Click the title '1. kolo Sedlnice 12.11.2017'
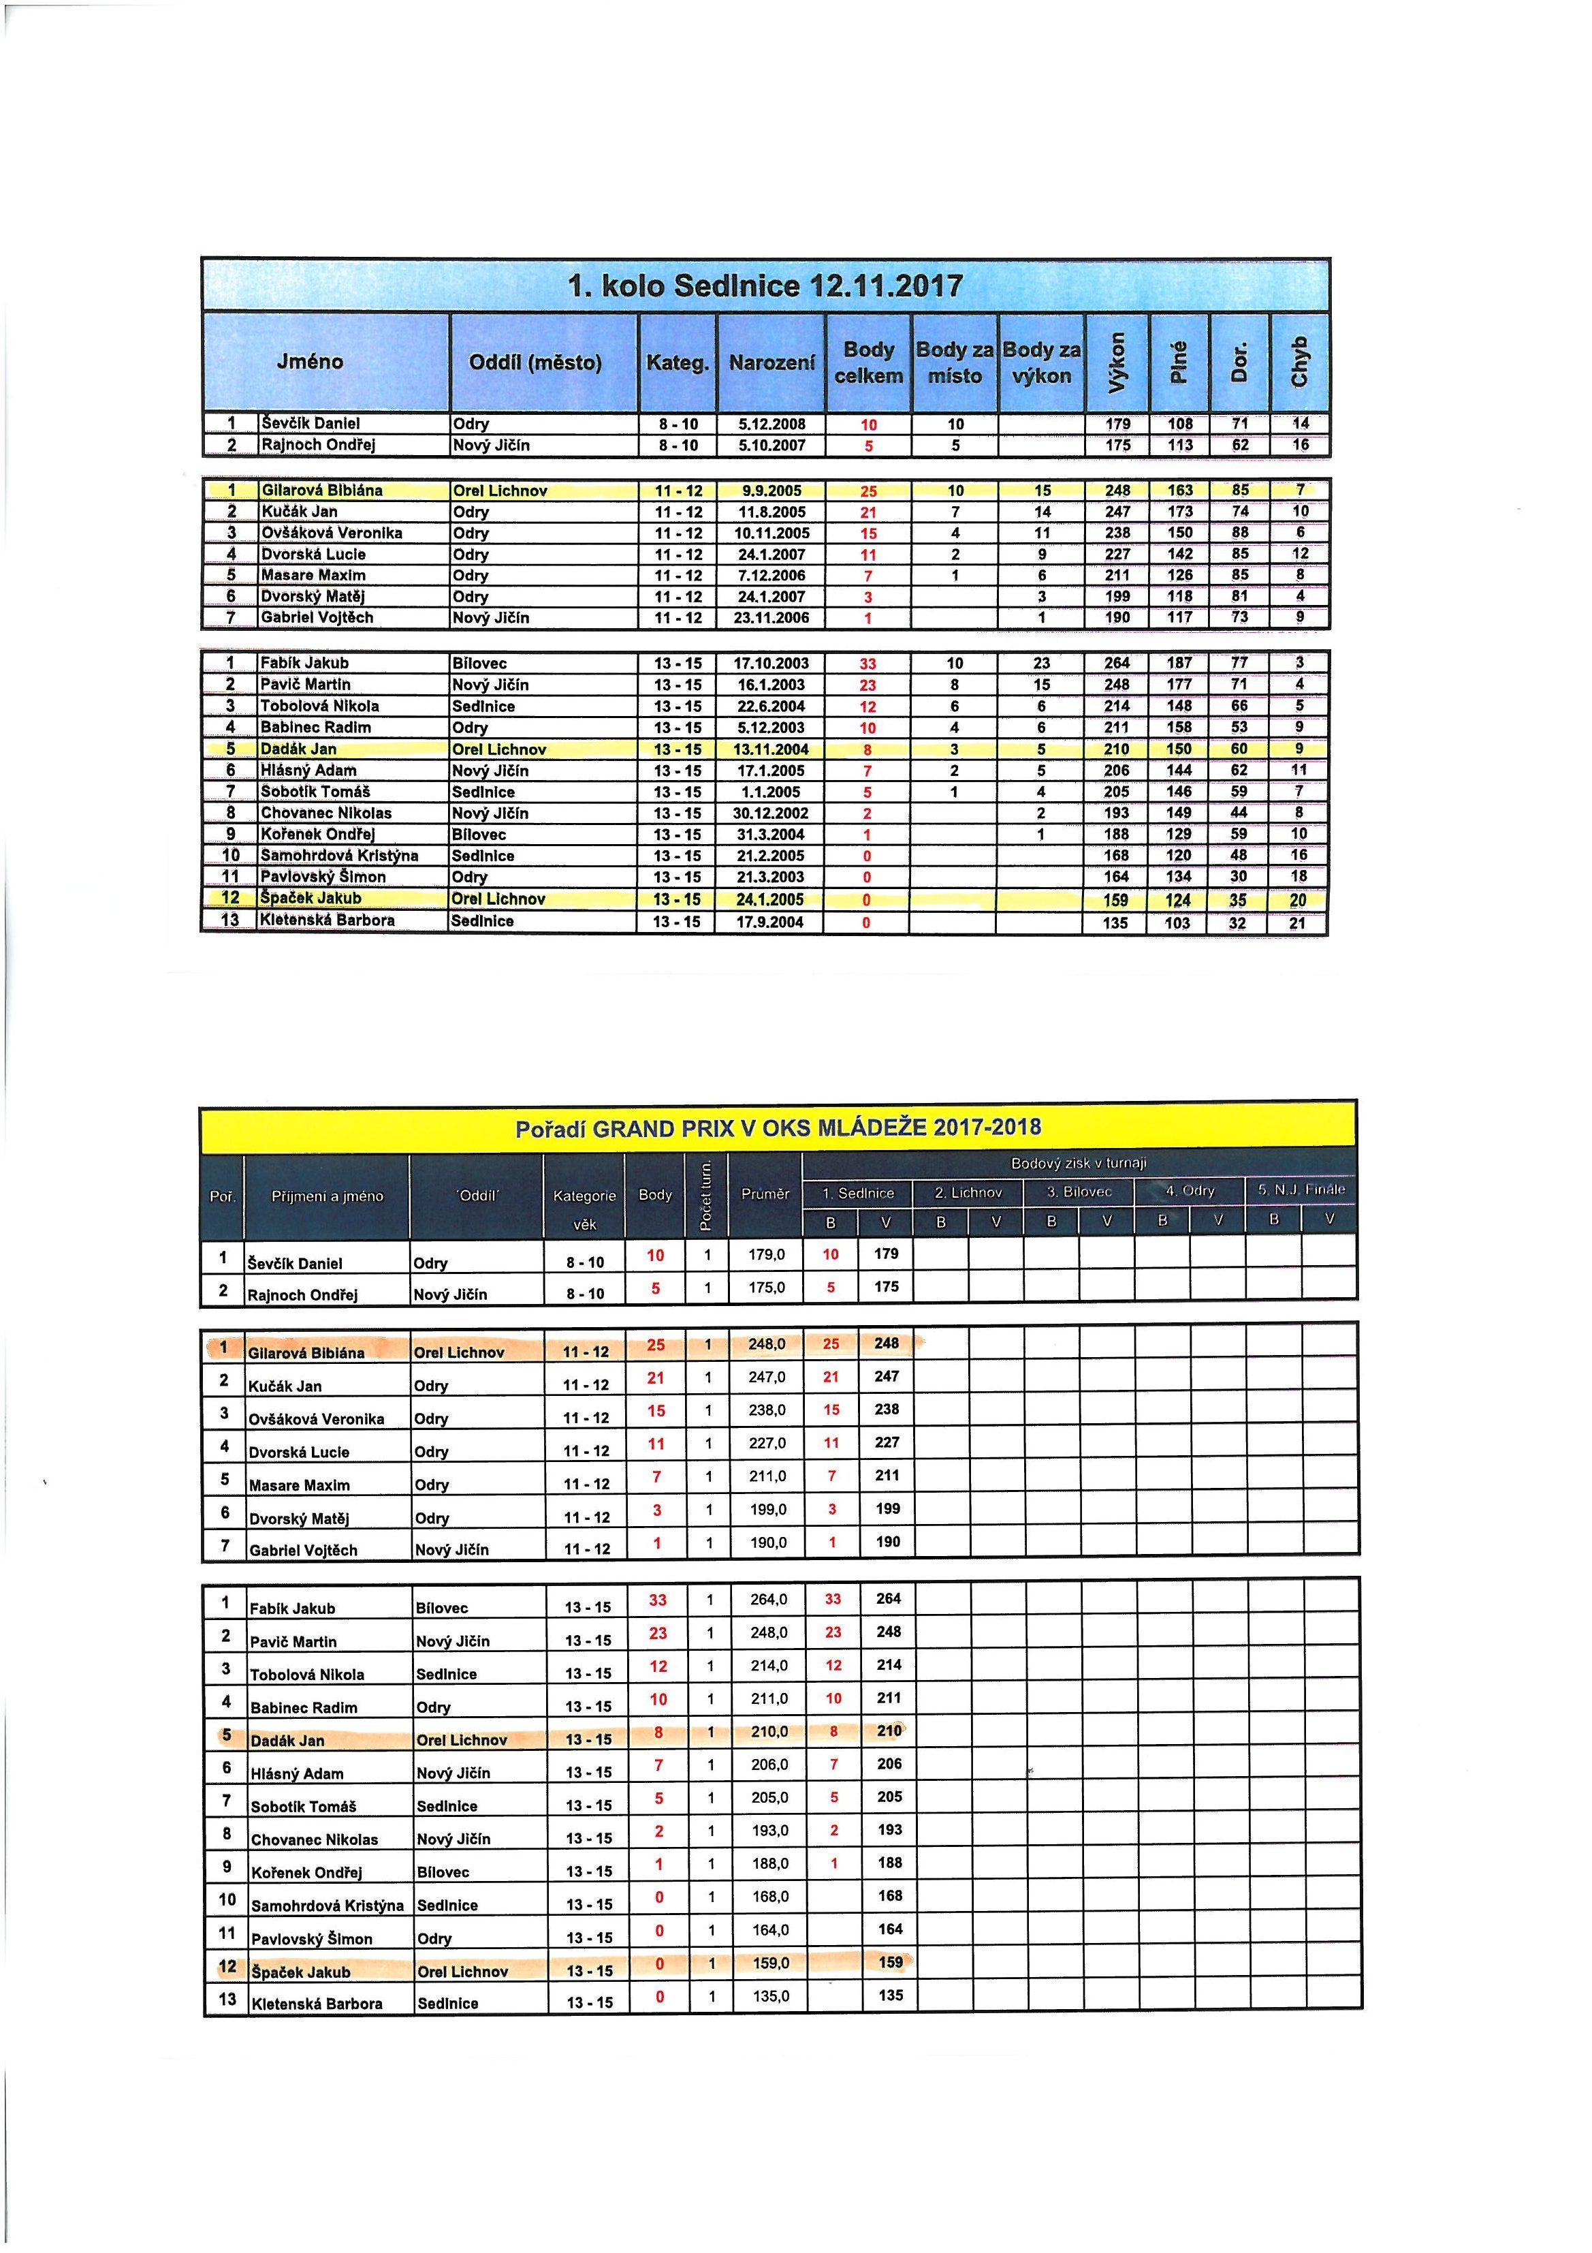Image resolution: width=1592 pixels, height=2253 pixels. coord(765,287)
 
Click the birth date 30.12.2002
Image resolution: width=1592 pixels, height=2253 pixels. coord(771,813)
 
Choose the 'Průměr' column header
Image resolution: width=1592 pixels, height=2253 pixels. coord(765,1194)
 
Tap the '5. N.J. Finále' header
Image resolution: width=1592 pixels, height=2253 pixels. coord(1301,1190)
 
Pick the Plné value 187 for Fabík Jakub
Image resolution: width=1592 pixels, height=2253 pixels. coord(1179,664)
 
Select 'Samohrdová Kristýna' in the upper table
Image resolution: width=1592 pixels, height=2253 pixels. coord(339,856)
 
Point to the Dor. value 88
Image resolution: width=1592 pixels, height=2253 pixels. coord(1240,533)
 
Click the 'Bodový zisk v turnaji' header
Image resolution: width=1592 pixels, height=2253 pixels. coord(1078,1163)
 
